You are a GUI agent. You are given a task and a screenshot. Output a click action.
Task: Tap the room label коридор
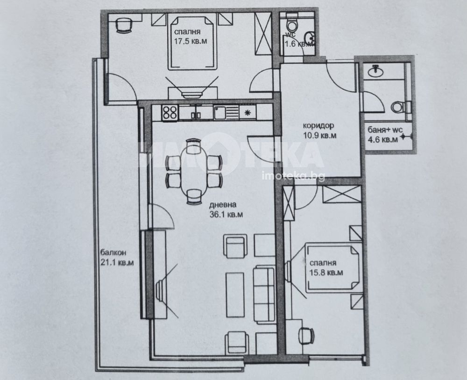[x=318, y=125]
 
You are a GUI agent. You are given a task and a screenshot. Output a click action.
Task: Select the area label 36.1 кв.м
[x=226, y=215]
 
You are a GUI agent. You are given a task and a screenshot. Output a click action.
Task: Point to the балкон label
[x=113, y=253]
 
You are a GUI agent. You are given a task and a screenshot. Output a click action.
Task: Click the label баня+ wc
[x=385, y=130]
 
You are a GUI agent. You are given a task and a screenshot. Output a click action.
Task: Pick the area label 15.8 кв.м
[x=326, y=272]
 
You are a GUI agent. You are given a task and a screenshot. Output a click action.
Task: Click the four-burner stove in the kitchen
[x=170, y=113]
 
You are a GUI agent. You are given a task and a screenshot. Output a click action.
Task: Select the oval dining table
[x=194, y=172]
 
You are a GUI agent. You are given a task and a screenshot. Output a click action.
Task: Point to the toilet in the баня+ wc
[x=401, y=107]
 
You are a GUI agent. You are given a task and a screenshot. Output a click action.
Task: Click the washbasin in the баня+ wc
[x=376, y=71]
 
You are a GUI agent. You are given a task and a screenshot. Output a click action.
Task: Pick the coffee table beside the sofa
[x=235, y=295]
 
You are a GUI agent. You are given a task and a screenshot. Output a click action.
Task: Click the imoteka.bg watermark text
[x=293, y=176]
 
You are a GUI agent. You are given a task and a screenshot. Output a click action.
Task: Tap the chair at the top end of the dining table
[x=194, y=145]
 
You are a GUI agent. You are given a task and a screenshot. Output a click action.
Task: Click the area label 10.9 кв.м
[x=320, y=136]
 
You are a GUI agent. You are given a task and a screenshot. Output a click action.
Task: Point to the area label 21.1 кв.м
[x=116, y=263]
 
